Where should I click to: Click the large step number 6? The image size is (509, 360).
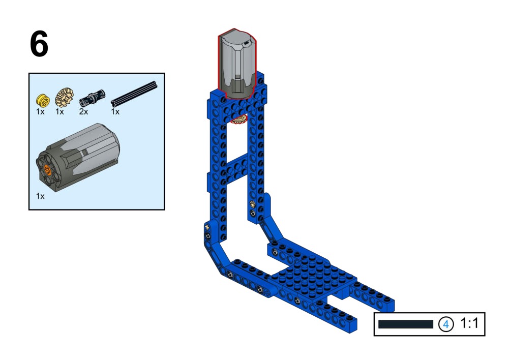click(x=39, y=44)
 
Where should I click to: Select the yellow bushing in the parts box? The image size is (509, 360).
click(x=43, y=100)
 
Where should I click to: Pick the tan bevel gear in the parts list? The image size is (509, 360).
click(x=64, y=98)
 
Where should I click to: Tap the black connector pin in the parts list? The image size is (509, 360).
click(x=93, y=98)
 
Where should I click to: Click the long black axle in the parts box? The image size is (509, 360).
click(x=134, y=94)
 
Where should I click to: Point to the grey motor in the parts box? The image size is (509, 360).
click(x=78, y=157)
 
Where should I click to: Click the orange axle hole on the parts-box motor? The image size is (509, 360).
click(x=47, y=170)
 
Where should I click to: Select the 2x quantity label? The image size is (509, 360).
click(x=83, y=112)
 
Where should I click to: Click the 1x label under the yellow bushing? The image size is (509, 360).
click(x=40, y=112)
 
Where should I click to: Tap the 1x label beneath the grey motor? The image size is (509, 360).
click(x=40, y=196)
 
